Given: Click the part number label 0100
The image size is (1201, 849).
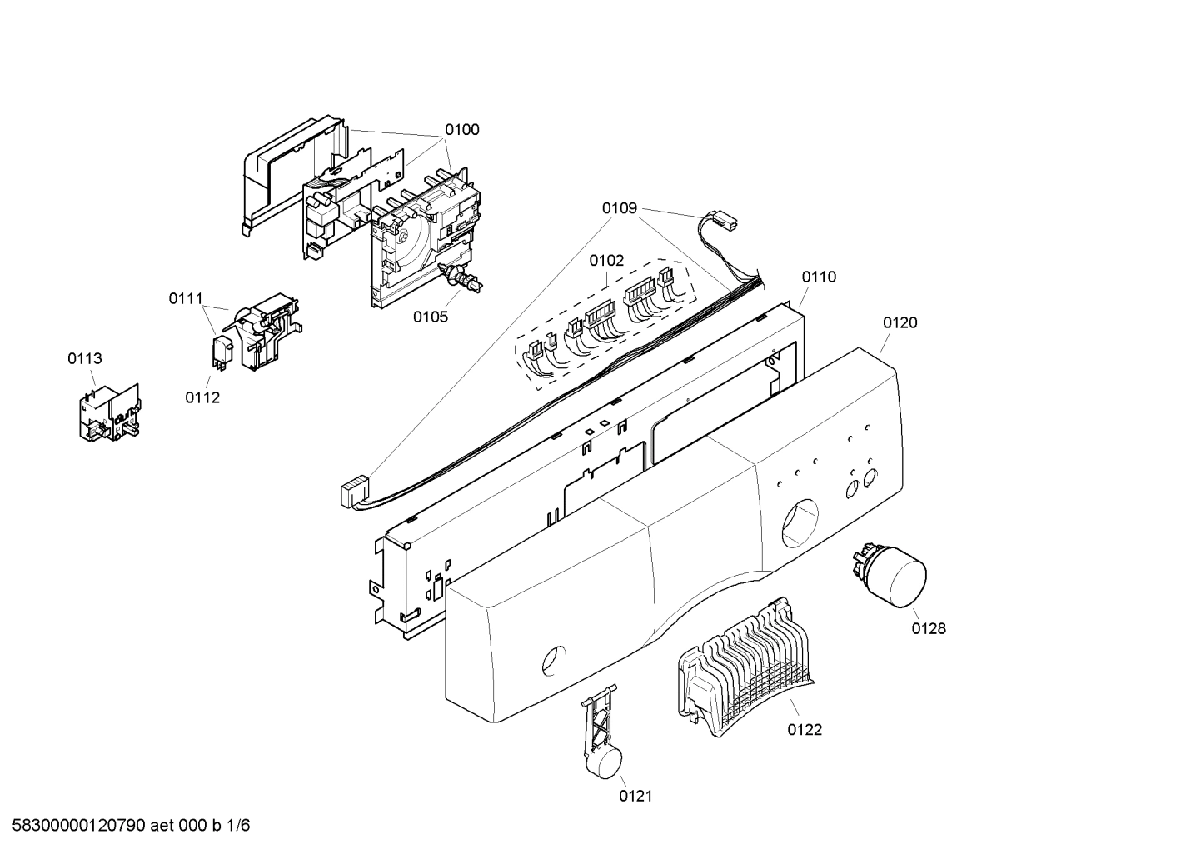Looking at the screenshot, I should (x=461, y=129).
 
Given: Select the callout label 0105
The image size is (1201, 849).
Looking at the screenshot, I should (x=431, y=317).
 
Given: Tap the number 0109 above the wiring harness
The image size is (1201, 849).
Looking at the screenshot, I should (x=620, y=207).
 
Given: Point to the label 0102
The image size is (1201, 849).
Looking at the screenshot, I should (x=606, y=261).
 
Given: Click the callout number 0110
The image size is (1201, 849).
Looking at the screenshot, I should (x=819, y=277).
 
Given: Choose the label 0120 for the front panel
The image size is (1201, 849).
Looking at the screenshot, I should (x=900, y=322).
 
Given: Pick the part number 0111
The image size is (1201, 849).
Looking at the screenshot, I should (x=186, y=297).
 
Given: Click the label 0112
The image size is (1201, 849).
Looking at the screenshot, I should (x=202, y=397).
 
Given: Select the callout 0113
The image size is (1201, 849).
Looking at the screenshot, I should (x=85, y=358).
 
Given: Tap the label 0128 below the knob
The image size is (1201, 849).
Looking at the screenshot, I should (x=929, y=628).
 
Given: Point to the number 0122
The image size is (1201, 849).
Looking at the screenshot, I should (x=805, y=730).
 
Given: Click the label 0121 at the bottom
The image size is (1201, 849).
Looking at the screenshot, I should (x=635, y=796).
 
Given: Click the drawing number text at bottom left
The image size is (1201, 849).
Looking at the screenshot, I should (x=126, y=826).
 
